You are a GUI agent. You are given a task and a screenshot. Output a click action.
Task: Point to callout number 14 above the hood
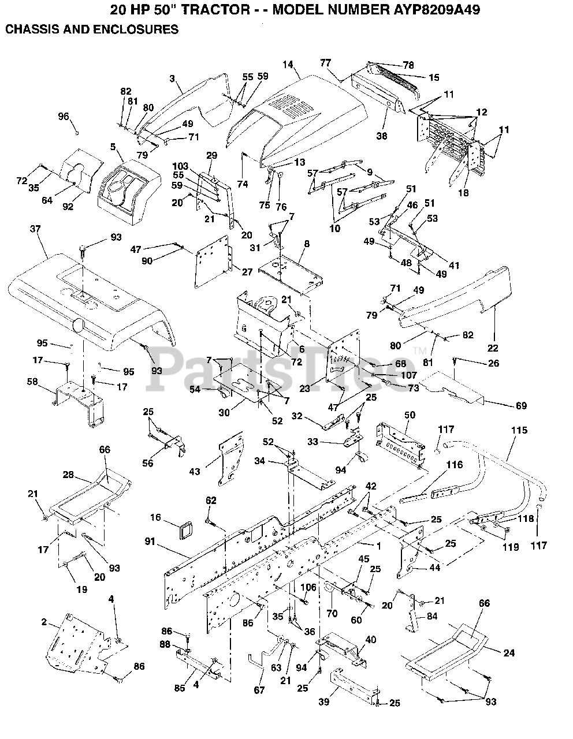click(288, 65)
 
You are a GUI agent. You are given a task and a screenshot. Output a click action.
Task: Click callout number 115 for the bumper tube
click(519, 431)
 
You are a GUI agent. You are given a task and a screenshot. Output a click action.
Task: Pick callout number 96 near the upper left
click(64, 117)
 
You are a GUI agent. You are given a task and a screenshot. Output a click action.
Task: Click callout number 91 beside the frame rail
click(151, 542)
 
